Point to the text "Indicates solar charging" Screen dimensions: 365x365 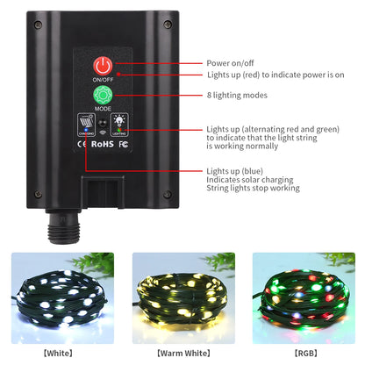(250, 180)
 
